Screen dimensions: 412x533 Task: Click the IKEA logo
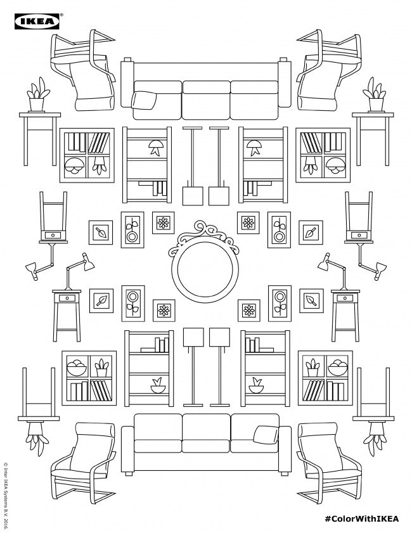[x=37, y=22]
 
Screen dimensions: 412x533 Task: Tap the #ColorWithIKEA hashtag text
[x=361, y=518]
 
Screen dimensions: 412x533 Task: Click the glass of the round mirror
[x=205, y=269]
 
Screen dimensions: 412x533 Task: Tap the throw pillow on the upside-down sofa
[x=143, y=100]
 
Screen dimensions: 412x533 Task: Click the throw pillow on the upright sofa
[x=266, y=435]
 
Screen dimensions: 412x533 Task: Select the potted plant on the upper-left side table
[x=37, y=95]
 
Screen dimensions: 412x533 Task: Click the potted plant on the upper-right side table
[x=375, y=95]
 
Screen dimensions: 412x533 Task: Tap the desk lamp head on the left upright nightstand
[x=88, y=262]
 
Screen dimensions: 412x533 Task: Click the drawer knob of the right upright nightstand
[x=345, y=298]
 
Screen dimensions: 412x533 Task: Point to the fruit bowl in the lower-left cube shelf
[x=77, y=367]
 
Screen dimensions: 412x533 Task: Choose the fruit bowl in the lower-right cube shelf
[x=338, y=367]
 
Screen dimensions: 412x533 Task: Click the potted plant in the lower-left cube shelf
[x=101, y=368]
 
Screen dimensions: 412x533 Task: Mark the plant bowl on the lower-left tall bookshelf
[x=158, y=385]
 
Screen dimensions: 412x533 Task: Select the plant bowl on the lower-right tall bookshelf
[x=256, y=385]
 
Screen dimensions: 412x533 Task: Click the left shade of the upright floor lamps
[x=193, y=337]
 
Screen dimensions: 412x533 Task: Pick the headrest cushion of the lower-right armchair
[x=318, y=430]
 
